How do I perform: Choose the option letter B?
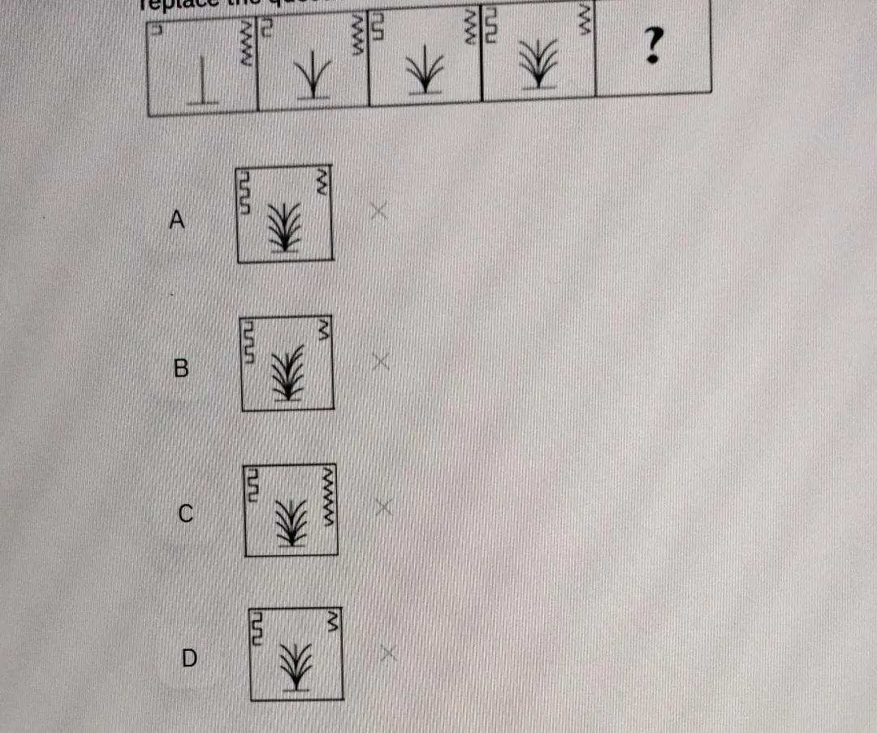tap(181, 369)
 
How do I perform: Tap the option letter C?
tap(186, 513)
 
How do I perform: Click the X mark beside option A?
tap(378, 211)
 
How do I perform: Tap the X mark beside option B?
tap(380, 361)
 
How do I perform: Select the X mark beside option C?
tap(383, 507)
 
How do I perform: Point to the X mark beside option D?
tap(388, 653)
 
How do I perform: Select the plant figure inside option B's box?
tap(287, 372)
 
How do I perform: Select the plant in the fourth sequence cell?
tap(537, 64)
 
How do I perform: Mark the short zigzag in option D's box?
tap(331, 621)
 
